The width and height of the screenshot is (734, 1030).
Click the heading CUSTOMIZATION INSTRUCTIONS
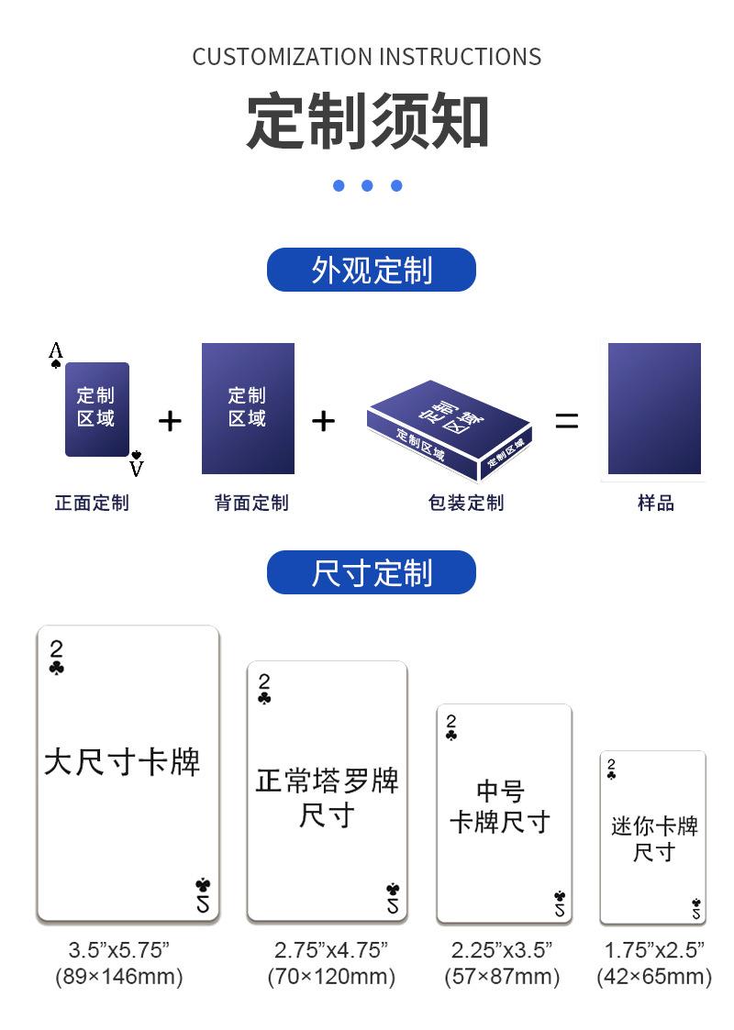367,57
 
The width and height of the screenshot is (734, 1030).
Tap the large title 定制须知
367,121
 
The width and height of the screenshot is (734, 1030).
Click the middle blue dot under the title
367,186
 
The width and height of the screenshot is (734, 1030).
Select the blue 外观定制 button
372,270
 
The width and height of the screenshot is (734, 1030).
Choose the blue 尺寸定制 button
372,572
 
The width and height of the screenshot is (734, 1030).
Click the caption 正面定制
92,504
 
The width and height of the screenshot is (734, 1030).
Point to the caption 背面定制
251,504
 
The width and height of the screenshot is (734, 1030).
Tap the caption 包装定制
466,504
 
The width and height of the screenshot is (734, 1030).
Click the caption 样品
656,504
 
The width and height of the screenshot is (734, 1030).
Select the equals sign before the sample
566,420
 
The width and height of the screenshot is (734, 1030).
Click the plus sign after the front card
170,421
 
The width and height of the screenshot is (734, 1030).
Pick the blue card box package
450,430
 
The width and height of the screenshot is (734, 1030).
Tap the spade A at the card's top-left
56,355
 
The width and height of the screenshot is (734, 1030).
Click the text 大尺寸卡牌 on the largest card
122,762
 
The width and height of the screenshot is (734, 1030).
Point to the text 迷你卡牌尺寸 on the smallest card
654,839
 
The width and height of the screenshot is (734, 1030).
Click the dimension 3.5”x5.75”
119,950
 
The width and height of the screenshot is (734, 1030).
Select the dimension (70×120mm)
331,976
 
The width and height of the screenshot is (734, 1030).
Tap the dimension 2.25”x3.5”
501,950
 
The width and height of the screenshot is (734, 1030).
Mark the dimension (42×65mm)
654,976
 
